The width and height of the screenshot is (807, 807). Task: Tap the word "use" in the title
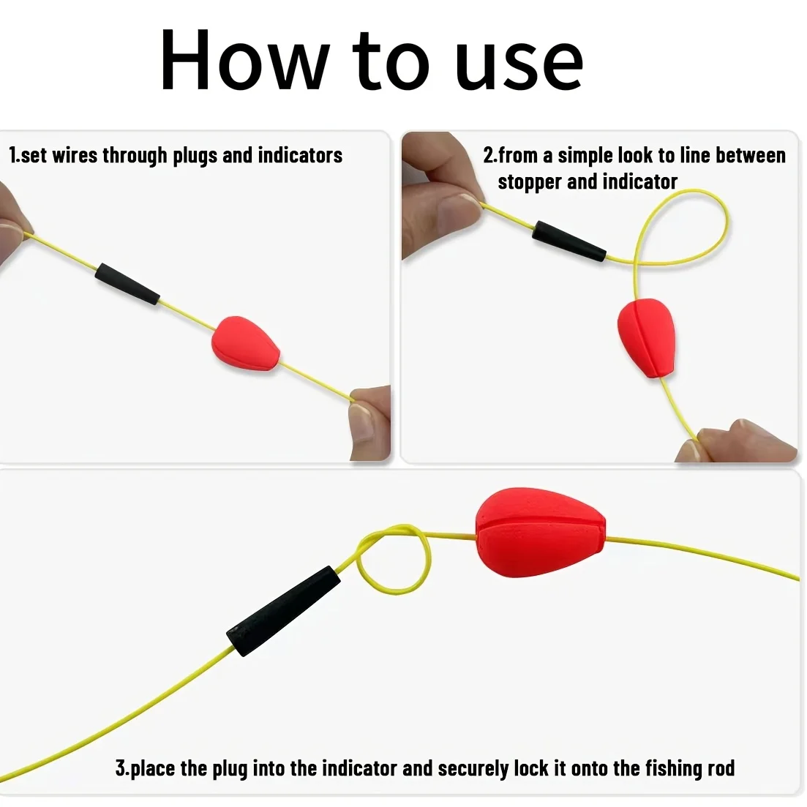(519, 65)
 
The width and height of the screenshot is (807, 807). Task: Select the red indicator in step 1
(246, 343)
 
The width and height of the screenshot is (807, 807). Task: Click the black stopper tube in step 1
(127, 284)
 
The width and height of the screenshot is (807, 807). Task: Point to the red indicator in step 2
(646, 337)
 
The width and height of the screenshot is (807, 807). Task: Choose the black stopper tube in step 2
(568, 241)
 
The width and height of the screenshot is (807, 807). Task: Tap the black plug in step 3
(283, 611)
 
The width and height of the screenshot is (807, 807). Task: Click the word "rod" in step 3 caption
(721, 768)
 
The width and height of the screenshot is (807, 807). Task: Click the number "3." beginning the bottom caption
(122, 768)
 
